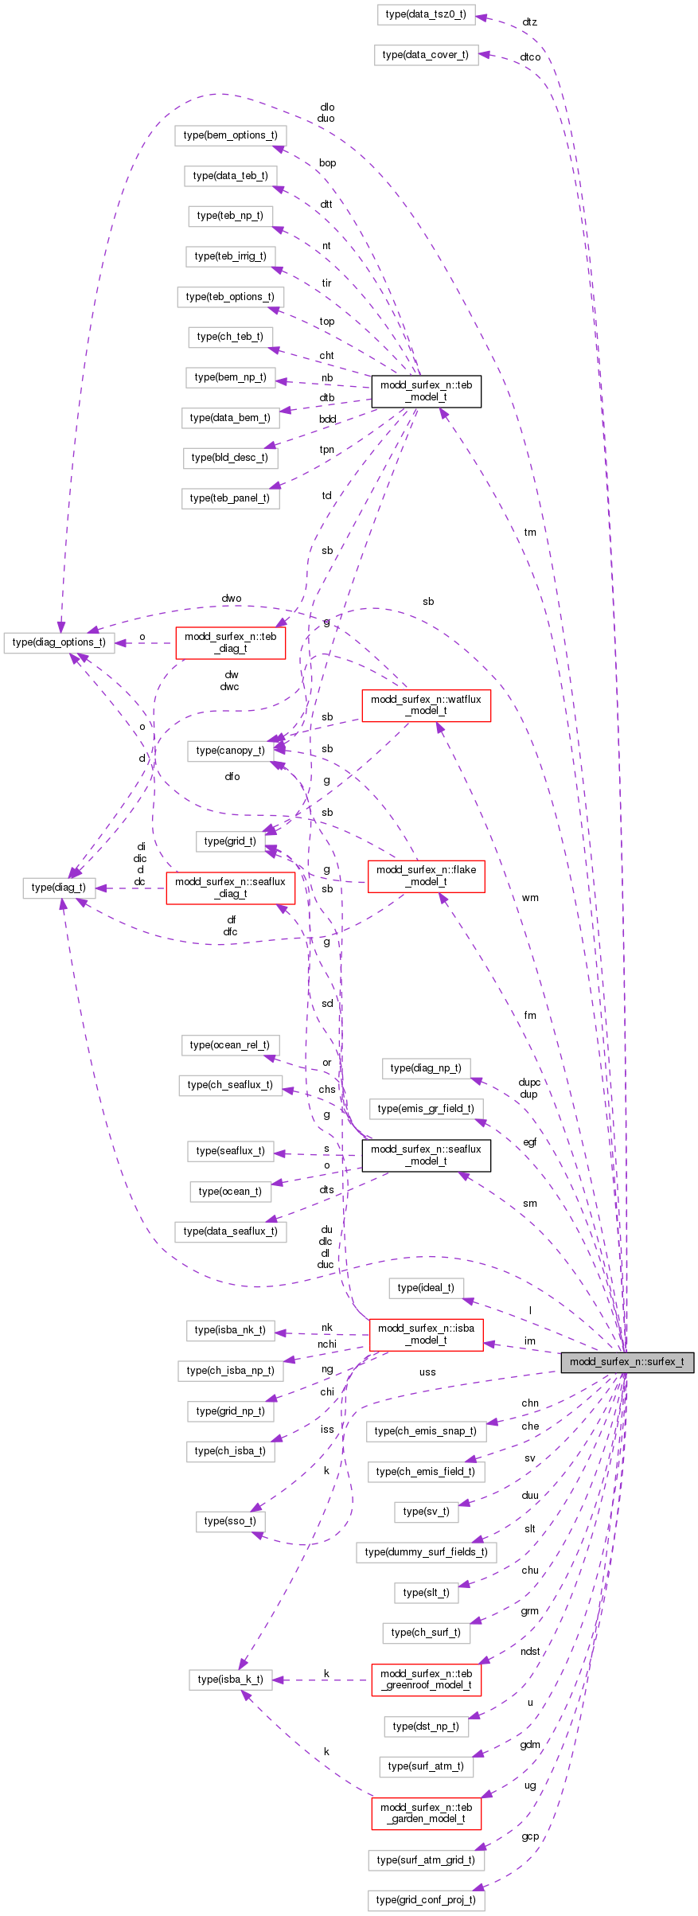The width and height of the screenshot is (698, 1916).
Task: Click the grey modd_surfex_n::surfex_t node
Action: (626, 1361)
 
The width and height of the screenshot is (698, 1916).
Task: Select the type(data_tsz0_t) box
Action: (426, 14)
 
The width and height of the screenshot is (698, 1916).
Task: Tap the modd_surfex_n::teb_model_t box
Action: (426, 391)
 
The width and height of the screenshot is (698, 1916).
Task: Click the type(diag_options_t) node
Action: (59, 642)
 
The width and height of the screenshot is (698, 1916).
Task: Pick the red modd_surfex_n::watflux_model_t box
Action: (426, 705)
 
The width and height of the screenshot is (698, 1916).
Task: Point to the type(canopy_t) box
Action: (230, 750)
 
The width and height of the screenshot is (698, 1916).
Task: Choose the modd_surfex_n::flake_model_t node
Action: (426, 876)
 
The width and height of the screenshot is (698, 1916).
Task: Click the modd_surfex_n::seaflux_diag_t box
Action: (230, 888)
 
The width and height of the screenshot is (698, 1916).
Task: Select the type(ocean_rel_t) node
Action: (229, 1044)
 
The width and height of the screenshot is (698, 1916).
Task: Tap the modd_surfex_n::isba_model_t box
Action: (426, 1333)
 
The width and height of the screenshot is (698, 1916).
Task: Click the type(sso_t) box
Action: (230, 1520)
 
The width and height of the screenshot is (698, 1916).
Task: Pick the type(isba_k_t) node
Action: (230, 1680)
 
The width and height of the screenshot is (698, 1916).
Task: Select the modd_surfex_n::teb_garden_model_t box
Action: (426, 1813)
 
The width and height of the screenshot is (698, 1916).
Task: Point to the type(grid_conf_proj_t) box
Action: (426, 1900)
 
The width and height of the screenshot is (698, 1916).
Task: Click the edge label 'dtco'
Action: (530, 57)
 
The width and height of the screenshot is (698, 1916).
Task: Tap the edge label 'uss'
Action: (427, 1372)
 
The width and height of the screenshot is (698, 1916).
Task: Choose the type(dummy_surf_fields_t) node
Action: (426, 1551)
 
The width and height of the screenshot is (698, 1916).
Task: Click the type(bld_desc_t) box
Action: (230, 458)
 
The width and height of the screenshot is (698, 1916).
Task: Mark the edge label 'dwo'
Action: (232, 599)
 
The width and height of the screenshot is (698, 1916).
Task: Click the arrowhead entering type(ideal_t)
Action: (468, 1300)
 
